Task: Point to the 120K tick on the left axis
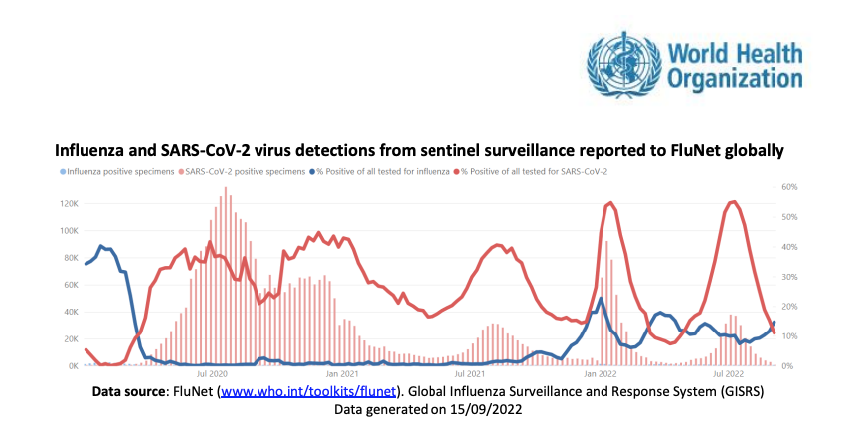[69, 204]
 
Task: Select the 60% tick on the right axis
[790, 187]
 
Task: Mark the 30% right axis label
[790, 277]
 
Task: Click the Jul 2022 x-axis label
[729, 376]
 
